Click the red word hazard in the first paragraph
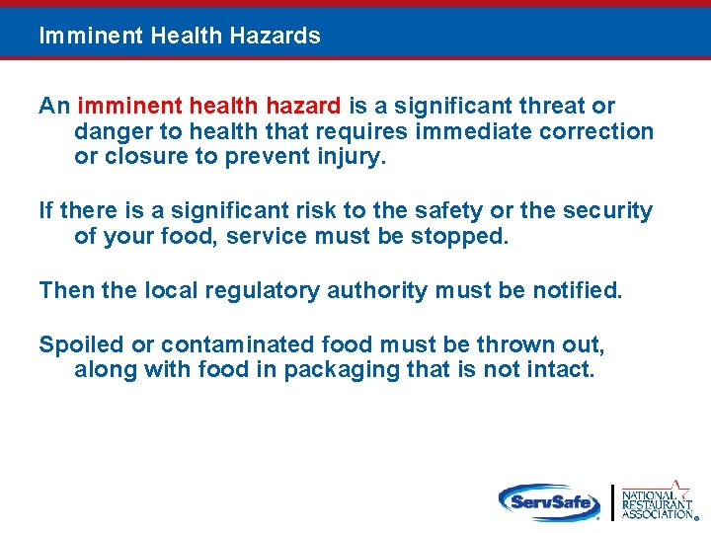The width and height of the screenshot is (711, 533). tap(304, 106)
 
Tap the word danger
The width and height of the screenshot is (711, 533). tap(109, 131)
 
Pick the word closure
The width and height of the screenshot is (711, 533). tap(141, 157)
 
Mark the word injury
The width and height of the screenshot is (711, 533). tap(347, 157)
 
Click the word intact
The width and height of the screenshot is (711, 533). tap(563, 371)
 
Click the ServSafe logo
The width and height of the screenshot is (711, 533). tap(550, 501)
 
